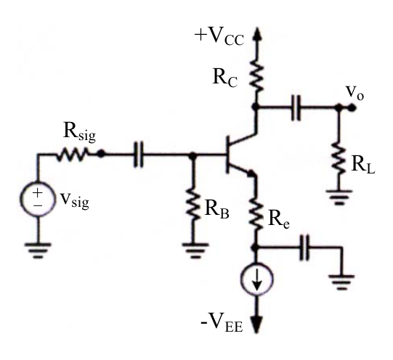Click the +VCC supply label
pos(219,37)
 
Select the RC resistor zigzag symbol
pos(256,75)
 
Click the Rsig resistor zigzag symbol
pos(72,154)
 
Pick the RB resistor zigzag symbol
pos(193,203)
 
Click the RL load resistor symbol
pos(339,158)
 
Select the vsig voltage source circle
pos(38,199)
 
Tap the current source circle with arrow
pos(256,279)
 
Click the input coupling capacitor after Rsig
pos(138,154)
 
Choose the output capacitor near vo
pos(296,107)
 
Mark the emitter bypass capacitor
pos(305,247)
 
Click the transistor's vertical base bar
pos(227,155)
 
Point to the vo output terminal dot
pos(352,107)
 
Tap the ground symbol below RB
pos(195,250)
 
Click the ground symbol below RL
pos(339,197)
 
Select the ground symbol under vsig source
pos(38,250)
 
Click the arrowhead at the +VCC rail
pos(256,33)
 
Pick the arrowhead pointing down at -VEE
pos(256,324)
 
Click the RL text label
pos(363,165)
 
